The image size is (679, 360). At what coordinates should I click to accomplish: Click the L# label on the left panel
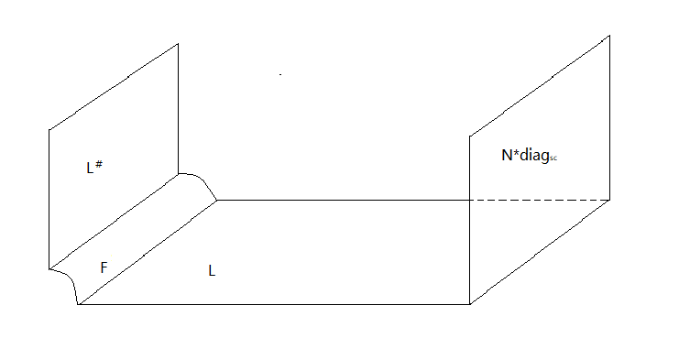[93, 167]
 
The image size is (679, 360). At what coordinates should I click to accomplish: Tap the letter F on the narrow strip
[104, 267]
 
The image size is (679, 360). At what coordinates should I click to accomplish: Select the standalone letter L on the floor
[212, 271]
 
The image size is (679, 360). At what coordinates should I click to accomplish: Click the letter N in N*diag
[506, 156]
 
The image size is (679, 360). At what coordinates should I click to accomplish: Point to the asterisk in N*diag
[516, 154]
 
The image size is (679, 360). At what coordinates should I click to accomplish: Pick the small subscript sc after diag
[553, 158]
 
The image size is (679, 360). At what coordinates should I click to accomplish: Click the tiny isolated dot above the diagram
[279, 73]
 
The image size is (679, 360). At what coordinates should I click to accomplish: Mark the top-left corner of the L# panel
[49, 130]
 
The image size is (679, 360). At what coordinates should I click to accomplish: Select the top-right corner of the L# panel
[178, 43]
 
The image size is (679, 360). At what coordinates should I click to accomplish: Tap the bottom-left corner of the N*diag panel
[470, 304]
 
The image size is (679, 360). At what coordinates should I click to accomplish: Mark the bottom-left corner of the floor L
[81, 304]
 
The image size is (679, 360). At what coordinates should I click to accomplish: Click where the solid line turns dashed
[470, 200]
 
